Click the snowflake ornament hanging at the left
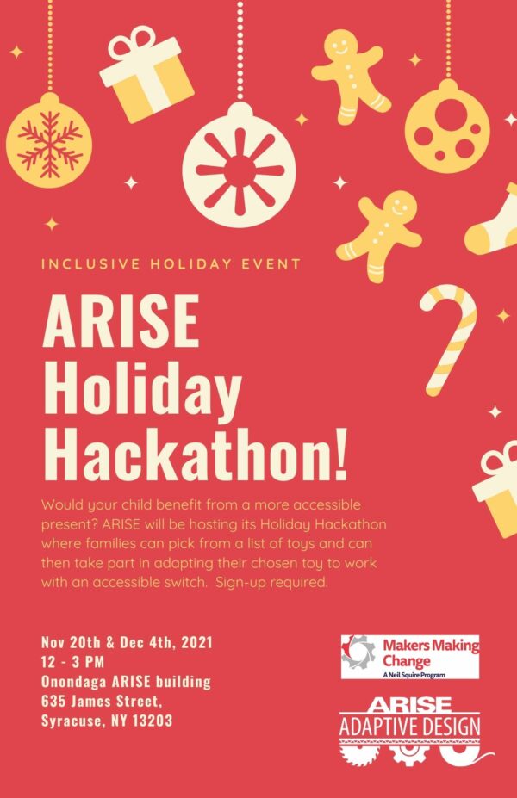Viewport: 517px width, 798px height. click(49, 140)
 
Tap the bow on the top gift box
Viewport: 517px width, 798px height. click(134, 43)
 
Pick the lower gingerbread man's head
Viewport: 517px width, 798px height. click(400, 206)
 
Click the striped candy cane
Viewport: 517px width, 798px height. click(449, 339)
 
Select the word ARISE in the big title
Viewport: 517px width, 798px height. click(121, 321)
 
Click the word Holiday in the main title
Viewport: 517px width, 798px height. click(142, 388)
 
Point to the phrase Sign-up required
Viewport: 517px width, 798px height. click(271, 582)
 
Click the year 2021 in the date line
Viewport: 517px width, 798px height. click(196, 642)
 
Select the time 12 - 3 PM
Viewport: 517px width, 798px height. click(72, 662)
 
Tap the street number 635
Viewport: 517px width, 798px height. click(53, 702)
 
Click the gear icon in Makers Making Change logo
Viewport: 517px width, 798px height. click(358, 652)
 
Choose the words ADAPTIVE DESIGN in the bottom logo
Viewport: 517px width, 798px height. click(410, 727)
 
